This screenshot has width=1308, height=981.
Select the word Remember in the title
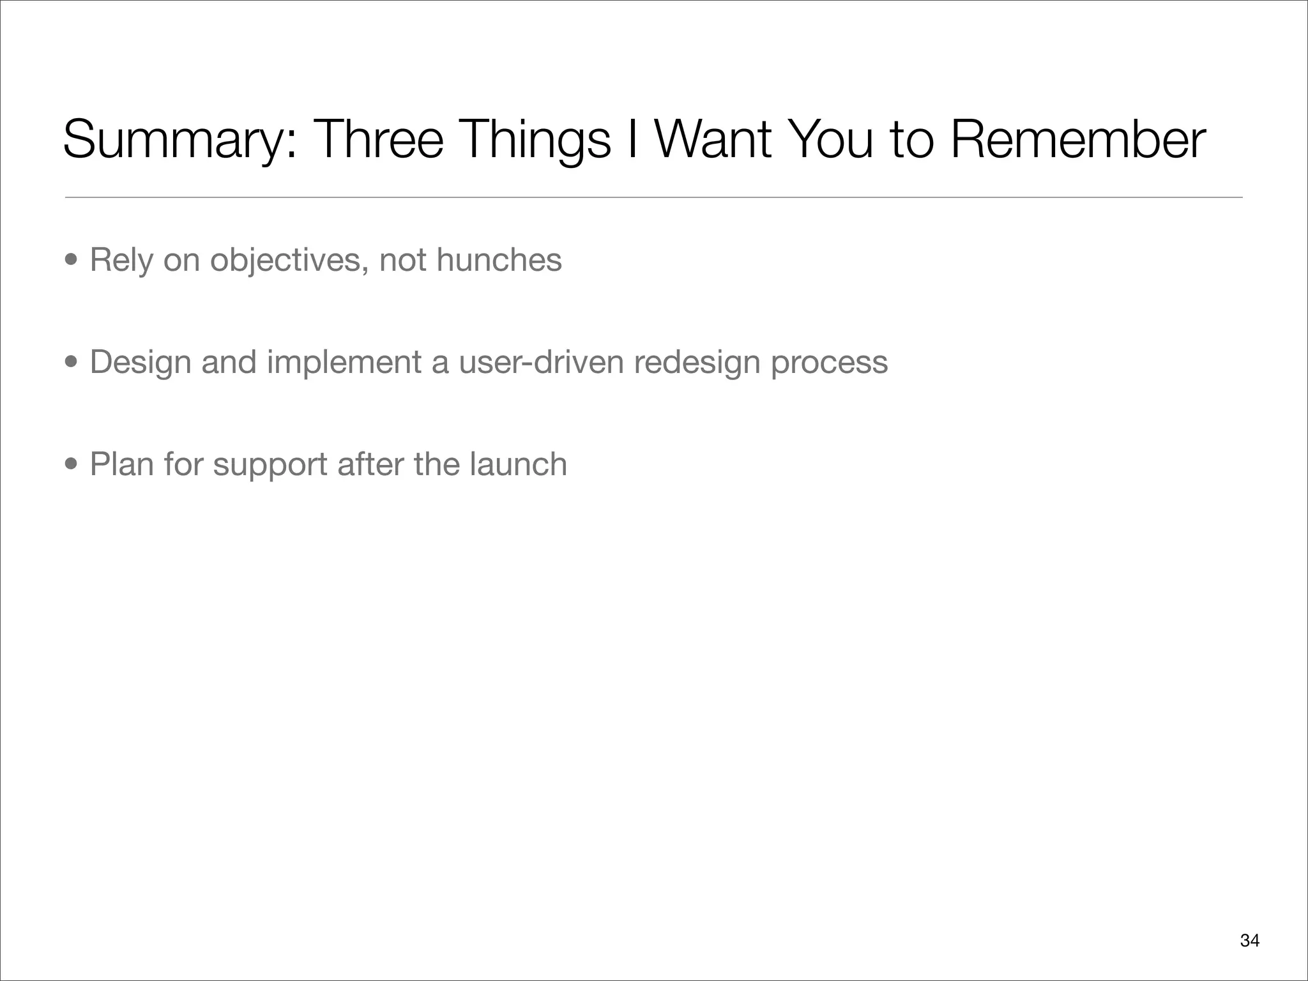(x=1078, y=140)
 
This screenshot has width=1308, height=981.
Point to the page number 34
(x=1249, y=940)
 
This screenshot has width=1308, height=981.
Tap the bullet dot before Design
(x=72, y=362)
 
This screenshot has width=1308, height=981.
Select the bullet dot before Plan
(x=72, y=464)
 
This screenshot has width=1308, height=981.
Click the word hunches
(x=499, y=260)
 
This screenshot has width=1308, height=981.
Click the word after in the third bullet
(x=370, y=464)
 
